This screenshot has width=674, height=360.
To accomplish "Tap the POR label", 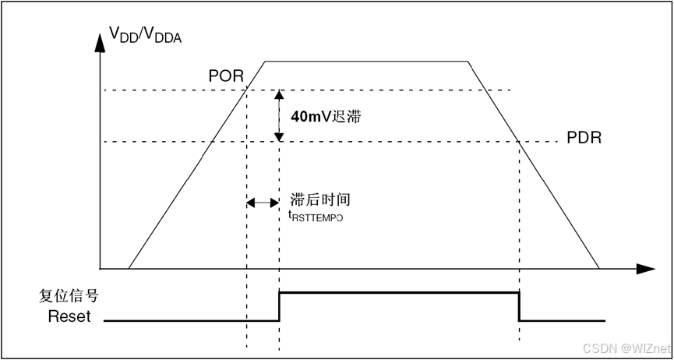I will [226, 76].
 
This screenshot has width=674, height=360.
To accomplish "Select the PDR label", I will [584, 138].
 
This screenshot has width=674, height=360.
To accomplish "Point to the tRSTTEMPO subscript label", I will [316, 216].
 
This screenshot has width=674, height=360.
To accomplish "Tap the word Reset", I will [69, 316].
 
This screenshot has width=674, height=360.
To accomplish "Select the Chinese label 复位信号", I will [69, 297].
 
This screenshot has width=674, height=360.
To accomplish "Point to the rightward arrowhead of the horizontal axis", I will [646, 269].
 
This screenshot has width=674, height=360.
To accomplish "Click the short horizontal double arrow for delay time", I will [263, 203].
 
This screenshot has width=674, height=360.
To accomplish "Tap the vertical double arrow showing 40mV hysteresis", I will [278, 116].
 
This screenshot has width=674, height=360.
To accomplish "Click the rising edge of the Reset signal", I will [279, 306].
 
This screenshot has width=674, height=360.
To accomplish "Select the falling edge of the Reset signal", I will [520, 306].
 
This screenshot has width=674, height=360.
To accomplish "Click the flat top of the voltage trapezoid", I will [366, 61].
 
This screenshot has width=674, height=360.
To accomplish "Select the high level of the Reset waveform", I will [397, 292].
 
